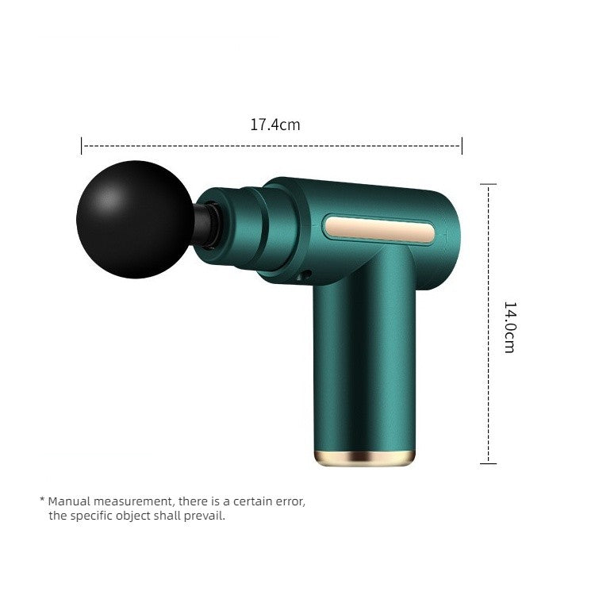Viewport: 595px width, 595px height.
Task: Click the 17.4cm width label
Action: (275, 125)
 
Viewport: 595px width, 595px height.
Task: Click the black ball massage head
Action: (135, 220)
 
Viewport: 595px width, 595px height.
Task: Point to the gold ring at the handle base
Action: (364, 458)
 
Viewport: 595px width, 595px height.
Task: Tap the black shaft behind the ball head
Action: (208, 225)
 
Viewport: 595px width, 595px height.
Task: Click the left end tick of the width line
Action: (82, 146)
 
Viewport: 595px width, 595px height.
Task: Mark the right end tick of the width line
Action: (462, 146)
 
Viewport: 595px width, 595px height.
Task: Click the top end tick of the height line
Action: (488, 184)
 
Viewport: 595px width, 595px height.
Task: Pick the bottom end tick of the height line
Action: (488, 463)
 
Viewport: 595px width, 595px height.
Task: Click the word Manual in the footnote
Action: (69, 501)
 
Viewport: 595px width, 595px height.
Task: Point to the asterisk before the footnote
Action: (42, 500)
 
